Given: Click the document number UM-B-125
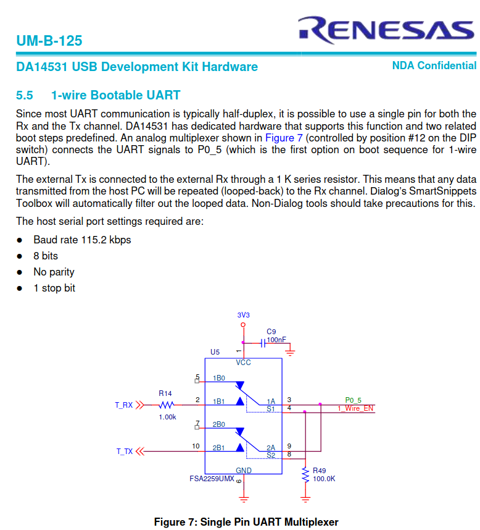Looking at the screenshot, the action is (49, 41).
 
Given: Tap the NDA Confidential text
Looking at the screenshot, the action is (434, 65).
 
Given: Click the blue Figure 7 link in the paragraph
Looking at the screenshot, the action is (284, 138).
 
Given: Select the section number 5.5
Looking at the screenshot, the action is (24, 95).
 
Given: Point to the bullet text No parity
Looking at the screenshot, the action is (54, 272).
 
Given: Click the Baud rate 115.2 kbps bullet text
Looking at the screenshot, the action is (82, 240).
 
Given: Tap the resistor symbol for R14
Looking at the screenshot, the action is (167, 405).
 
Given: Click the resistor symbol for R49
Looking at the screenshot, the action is (305, 475).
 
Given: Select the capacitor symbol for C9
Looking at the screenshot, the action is (263, 343).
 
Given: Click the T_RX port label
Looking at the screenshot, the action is (123, 405).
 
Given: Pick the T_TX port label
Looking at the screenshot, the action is (125, 452).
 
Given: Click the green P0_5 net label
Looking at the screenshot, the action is (353, 400).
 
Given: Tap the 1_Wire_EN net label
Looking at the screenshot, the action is (355, 408).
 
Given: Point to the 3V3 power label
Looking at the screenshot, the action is (243, 315).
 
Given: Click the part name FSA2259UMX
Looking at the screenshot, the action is (212, 479).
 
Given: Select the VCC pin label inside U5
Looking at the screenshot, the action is (243, 363).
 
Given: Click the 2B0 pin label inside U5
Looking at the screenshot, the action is (219, 424).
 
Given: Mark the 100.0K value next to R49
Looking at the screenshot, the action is (324, 479).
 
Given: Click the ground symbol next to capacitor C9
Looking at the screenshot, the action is (289, 353).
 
